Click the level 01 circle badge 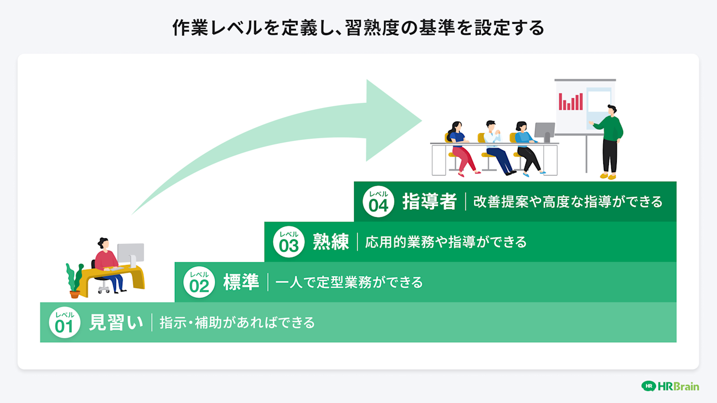pyautogui.click(x=64, y=322)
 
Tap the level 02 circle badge pyautogui.click(x=199, y=282)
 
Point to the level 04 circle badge pyautogui.click(x=378, y=201)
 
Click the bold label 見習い pyautogui.click(x=116, y=322)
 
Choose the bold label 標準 pyautogui.click(x=241, y=282)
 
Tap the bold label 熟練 pyautogui.click(x=331, y=242)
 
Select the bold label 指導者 pyautogui.click(x=429, y=201)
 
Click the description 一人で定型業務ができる pyautogui.click(x=349, y=282)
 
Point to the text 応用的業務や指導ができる pyautogui.click(x=446, y=242)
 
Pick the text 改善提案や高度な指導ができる pyautogui.click(x=568, y=202)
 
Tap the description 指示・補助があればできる pyautogui.click(x=237, y=323)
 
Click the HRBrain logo pyautogui.click(x=670, y=386)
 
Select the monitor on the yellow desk pyautogui.click(x=130, y=254)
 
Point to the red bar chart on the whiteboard pyautogui.click(x=571, y=102)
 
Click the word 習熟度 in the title pyautogui.click(x=371, y=27)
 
